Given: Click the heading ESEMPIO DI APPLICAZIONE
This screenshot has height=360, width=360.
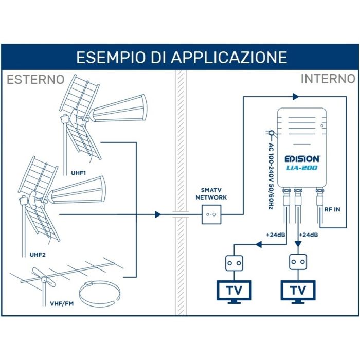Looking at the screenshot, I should tap(181, 57).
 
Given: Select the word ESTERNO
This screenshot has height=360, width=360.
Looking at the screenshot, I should tap(35, 80).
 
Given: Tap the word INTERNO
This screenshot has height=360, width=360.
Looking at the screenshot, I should tap(328, 79).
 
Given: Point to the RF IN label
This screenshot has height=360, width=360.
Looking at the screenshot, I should tap(332, 210).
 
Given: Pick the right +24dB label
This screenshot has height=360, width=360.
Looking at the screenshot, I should tap(309, 235).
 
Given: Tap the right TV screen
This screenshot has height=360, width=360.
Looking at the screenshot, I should tap(298, 291).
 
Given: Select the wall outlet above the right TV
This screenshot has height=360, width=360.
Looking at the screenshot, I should tap(298, 262).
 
